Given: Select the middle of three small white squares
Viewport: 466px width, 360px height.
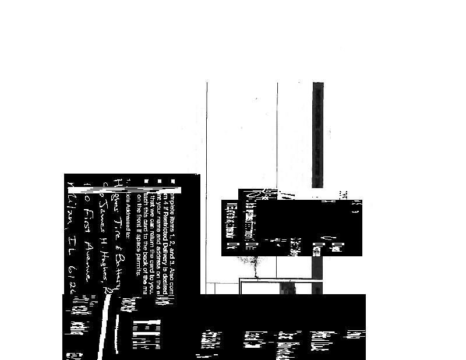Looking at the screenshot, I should point(159,182).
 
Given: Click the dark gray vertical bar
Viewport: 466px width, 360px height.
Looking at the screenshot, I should point(317,134).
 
